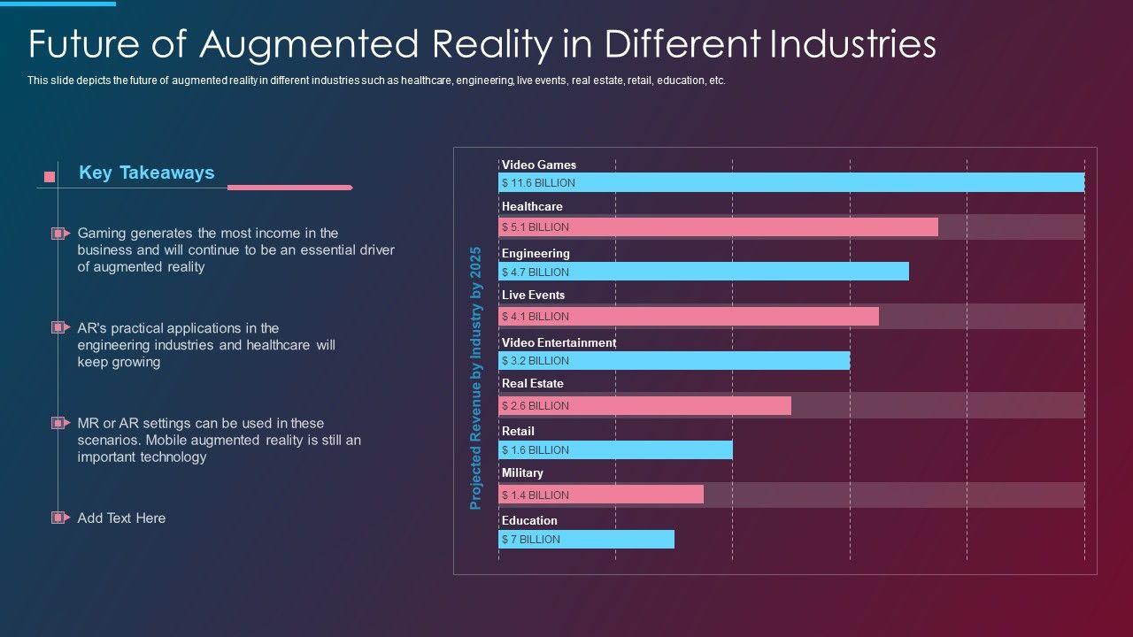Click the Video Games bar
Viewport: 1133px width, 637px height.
[x=790, y=183]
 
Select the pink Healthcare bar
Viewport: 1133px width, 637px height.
[x=718, y=227]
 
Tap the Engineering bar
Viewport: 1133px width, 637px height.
[x=703, y=272]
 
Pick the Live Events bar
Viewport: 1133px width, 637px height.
[x=688, y=317]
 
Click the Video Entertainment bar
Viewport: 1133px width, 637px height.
[x=674, y=361]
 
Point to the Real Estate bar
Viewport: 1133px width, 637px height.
[x=644, y=405]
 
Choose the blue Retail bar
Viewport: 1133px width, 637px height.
[x=615, y=450]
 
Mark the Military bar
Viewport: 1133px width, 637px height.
[x=600, y=495]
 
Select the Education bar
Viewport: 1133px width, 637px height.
[x=586, y=540]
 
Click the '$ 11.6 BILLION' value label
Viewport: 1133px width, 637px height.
[x=538, y=183]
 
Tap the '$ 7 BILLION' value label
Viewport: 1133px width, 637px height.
[x=531, y=540]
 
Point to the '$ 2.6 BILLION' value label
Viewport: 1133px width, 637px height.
[x=536, y=406]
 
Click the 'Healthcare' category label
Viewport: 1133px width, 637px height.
[x=532, y=206]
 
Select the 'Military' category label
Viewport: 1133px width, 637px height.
[x=522, y=473]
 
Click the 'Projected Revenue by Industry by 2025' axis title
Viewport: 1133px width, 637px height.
[x=475, y=378]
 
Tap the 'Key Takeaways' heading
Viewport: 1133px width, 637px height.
[x=146, y=173]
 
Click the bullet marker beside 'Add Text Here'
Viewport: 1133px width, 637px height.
[x=59, y=518]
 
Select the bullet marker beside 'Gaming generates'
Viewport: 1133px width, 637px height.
[x=59, y=234]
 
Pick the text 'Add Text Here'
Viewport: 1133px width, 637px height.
[x=121, y=518]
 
